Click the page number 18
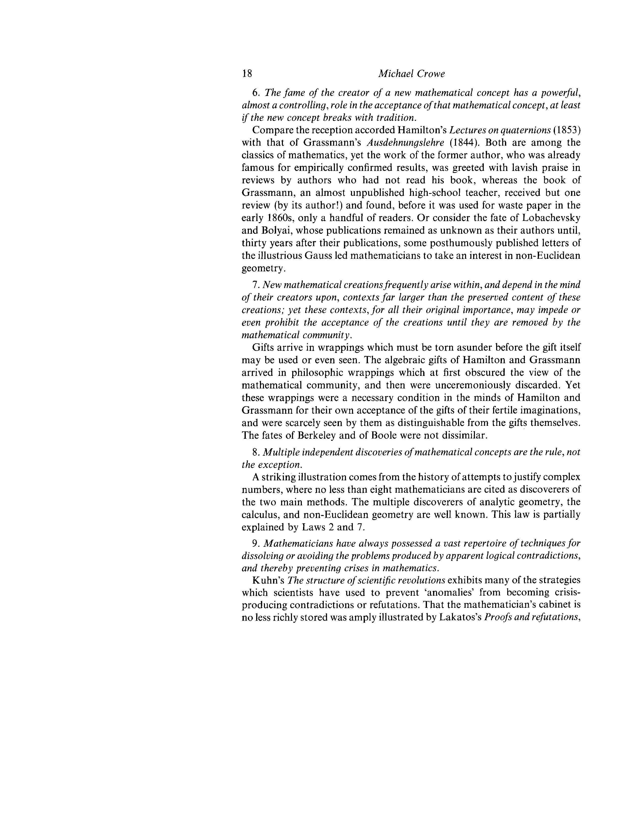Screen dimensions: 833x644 247,74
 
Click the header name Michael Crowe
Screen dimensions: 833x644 411,74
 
